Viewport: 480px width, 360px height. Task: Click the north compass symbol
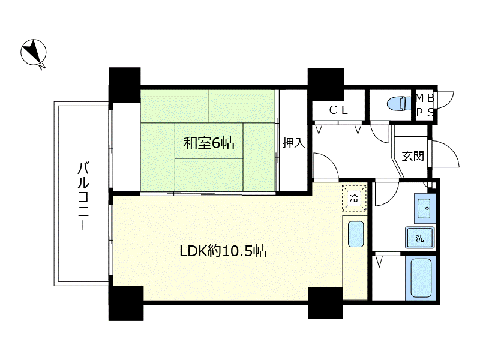coord(34,52)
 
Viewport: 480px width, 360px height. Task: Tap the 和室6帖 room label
coord(209,143)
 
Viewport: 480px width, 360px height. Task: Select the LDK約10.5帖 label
coord(223,251)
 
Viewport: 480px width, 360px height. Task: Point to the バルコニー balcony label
coord(83,196)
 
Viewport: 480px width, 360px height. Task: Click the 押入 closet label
coord(293,143)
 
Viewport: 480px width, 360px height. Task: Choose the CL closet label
coord(338,110)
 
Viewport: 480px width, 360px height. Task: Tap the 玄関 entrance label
coord(413,156)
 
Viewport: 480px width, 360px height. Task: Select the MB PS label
coord(425,106)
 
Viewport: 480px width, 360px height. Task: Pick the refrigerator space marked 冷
coord(354,198)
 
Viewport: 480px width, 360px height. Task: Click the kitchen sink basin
coord(356,234)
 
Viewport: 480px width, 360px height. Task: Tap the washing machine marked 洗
coord(419,238)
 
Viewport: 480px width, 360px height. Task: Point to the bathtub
coord(421,278)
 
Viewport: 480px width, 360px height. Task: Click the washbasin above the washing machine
coord(425,208)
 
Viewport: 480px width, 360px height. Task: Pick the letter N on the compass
coord(42,66)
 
